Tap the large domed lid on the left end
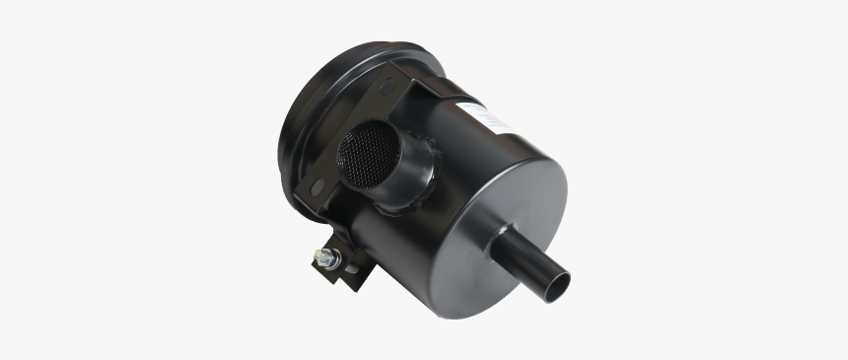tap(296, 128)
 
